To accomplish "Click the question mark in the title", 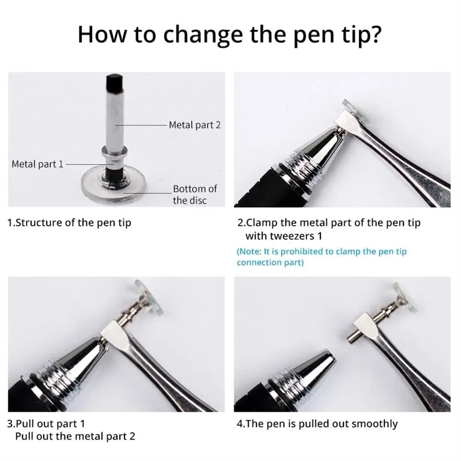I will tap(375, 35).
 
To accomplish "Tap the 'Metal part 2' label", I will tap(195, 125).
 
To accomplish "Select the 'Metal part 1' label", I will tap(37, 164).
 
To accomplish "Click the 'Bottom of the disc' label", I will tap(195, 194).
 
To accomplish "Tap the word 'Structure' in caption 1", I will tap(41, 223).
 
